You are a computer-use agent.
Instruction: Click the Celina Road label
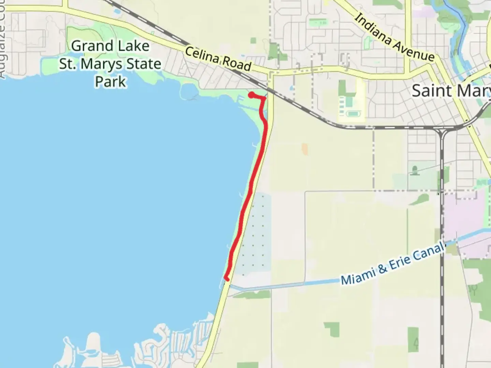click(218, 59)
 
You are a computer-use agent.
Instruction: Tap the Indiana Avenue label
click(395, 37)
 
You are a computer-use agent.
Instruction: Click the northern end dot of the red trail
click(251, 95)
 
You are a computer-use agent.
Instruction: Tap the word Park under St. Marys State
click(110, 82)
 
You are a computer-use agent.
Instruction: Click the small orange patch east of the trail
click(304, 149)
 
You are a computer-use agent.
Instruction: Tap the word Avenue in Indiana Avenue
click(414, 49)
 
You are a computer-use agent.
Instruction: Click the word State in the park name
click(144, 64)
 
